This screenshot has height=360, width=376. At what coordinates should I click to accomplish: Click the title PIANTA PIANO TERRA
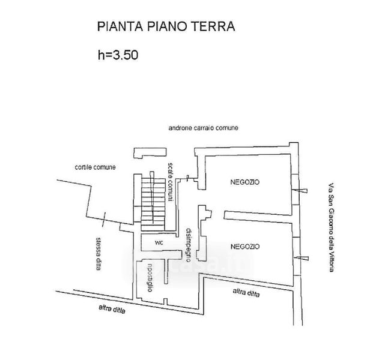165,27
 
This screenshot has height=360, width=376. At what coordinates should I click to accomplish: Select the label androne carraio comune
204,128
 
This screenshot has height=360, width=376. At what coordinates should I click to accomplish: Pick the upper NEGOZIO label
245,182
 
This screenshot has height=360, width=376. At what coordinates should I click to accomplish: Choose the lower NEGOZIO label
245,247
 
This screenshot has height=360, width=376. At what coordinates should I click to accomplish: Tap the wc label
159,242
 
